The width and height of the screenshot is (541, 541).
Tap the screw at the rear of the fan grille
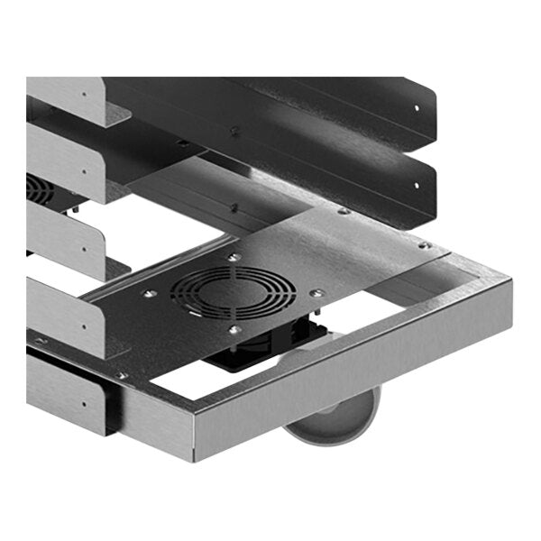tap(235, 258)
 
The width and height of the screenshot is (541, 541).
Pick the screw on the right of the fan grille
tap(315, 292)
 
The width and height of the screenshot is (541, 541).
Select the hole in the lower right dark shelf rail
tap(417, 186)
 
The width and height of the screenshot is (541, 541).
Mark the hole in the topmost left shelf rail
tap(87, 93)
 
